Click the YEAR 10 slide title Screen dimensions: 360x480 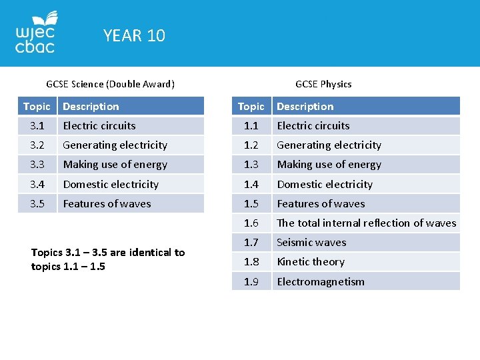click(x=134, y=35)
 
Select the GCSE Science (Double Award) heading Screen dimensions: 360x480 click(x=110, y=84)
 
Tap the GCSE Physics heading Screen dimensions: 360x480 click(x=323, y=84)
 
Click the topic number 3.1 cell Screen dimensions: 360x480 click(x=36, y=125)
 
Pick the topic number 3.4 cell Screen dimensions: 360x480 click(x=36, y=184)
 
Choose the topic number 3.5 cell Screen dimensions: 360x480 click(x=36, y=203)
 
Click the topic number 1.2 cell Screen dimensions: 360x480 click(x=251, y=145)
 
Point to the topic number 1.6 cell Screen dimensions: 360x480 click(x=251, y=223)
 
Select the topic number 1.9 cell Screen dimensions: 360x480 click(x=251, y=281)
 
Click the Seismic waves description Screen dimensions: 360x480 click(x=311, y=242)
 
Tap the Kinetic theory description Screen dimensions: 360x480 click(x=311, y=261)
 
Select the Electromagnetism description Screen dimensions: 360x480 click(x=321, y=281)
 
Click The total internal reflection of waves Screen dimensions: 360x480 click(x=366, y=223)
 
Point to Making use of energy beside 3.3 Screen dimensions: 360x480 click(x=115, y=164)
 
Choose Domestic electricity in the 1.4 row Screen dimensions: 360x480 click(x=325, y=184)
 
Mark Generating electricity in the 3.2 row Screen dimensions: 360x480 click(x=115, y=145)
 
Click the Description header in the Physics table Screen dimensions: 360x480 click(x=305, y=106)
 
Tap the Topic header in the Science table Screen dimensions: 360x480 click(x=37, y=106)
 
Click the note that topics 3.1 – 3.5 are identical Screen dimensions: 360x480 click(x=108, y=259)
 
